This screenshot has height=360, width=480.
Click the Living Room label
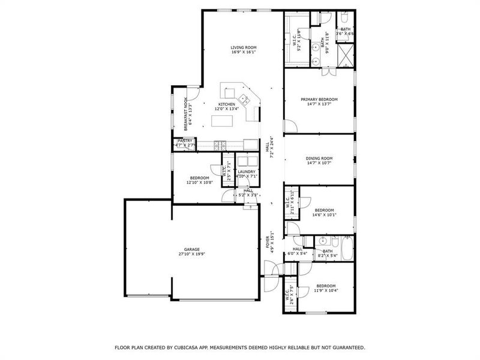pyautogui.click(x=244, y=47)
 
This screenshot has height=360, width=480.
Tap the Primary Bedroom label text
pyautogui.click(x=319, y=100)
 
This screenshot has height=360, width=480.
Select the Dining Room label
pyautogui.click(x=319, y=158)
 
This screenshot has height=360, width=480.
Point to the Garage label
pyautogui.click(x=191, y=249)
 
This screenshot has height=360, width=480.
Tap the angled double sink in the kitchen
pyautogui.click(x=244, y=99)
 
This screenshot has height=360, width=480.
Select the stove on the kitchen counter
pyautogui.click(x=220, y=144)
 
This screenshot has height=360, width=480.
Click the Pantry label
pyautogui.click(x=185, y=140)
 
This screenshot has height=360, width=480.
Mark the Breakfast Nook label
pyautogui.click(x=187, y=114)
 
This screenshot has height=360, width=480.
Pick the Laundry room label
pyautogui.click(x=247, y=172)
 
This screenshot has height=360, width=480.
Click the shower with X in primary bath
pyautogui.click(x=346, y=58)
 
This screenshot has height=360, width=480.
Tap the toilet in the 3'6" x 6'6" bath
pyautogui.click(x=346, y=18)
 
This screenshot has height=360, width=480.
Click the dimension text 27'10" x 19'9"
pyautogui.click(x=191, y=254)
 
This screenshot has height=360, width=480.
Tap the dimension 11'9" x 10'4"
pyautogui.click(x=326, y=290)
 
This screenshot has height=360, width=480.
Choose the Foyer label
pyautogui.click(x=268, y=242)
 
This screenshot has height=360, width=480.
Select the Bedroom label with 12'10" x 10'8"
pyautogui.click(x=199, y=178)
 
